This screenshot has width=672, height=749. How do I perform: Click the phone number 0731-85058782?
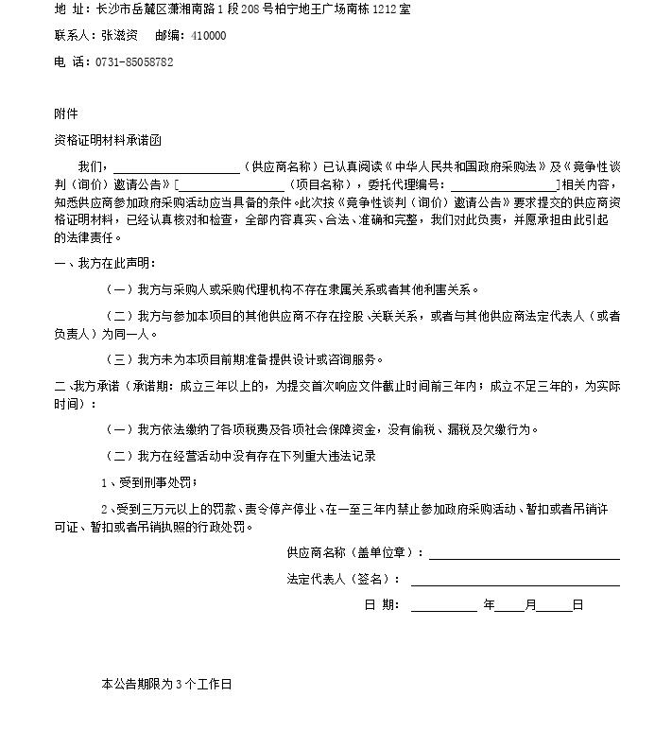click(134, 62)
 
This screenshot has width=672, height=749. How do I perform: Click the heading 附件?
click(66, 114)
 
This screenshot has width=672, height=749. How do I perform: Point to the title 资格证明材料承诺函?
click(108, 140)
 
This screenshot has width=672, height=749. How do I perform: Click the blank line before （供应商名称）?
click(177, 168)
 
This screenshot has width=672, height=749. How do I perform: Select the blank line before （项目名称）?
click(232, 185)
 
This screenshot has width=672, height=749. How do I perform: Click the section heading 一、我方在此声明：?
click(105, 263)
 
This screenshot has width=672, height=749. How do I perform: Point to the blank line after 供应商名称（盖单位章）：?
click(525, 555)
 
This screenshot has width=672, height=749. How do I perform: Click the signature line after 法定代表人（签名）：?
click(515, 581)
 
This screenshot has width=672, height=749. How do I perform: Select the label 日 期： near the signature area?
click(382, 605)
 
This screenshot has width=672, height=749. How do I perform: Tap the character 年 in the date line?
click(489, 605)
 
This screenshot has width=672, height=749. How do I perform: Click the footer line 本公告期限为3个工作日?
click(166, 684)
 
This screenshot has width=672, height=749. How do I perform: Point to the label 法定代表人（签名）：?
click(344, 580)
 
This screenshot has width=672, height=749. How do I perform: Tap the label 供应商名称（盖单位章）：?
click(355, 553)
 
